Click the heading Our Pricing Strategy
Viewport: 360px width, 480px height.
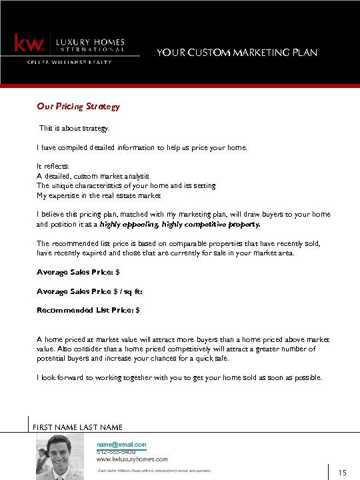(78, 106)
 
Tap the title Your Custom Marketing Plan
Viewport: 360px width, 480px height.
(237, 53)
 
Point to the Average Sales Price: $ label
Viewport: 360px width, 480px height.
(78, 273)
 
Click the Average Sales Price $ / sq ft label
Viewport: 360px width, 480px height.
(89, 291)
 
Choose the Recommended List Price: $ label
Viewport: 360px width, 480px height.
(88, 310)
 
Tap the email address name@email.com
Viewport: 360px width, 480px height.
(121, 444)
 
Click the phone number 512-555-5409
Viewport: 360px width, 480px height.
(116, 452)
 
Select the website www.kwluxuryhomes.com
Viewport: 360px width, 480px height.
(132, 459)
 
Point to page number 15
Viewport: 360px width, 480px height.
(343, 473)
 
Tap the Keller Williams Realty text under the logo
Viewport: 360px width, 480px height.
(69, 62)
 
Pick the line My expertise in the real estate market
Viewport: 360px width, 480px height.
(99, 195)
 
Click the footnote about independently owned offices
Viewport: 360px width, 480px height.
(154, 471)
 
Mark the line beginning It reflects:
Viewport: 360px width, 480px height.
(53, 165)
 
